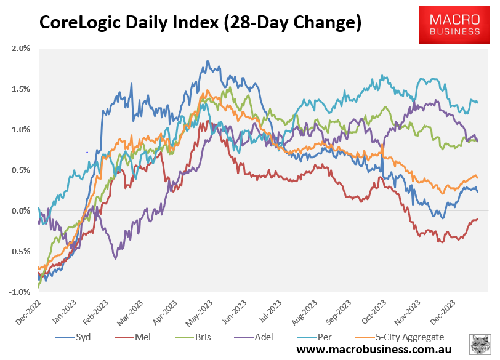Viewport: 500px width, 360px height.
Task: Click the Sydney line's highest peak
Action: coord(208,61)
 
